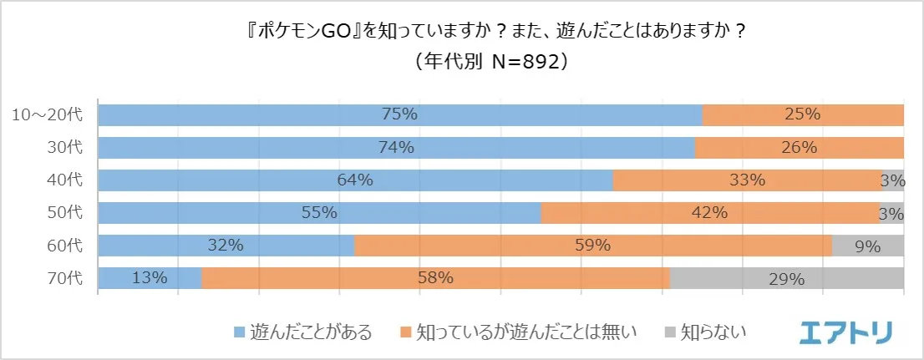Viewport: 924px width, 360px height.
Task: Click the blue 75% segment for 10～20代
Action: [399, 115]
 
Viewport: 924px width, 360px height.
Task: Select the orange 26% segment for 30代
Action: [799, 148]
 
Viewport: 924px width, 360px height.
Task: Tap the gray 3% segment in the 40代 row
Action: [892, 180]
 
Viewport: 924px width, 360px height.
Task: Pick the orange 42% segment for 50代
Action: [709, 213]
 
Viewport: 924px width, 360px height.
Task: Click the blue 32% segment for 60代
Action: [226, 246]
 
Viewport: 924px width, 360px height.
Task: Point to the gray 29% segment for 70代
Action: [786, 278]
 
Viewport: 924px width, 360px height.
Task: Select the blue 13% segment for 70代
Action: [150, 278]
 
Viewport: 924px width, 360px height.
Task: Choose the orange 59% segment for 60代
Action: [592, 246]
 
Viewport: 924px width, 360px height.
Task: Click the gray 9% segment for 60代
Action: [867, 246]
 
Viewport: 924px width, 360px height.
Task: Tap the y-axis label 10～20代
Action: [47, 115]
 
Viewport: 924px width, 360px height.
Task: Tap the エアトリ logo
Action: [845, 332]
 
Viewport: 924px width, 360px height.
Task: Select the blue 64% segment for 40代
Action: [355, 180]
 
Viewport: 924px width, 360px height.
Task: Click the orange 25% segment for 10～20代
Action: [802, 115]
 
